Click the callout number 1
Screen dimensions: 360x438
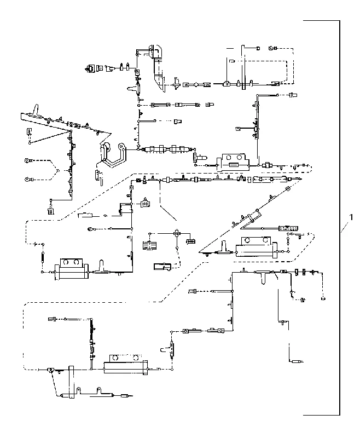click(351, 217)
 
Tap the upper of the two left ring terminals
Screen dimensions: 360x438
click(27, 160)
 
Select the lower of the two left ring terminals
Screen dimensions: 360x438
click(27, 180)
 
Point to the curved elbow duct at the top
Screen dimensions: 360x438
click(157, 67)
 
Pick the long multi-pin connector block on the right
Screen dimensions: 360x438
click(289, 228)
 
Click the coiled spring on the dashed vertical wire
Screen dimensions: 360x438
click(43, 256)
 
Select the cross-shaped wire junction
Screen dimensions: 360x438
click(176, 233)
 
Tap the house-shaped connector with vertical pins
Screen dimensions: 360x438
click(145, 203)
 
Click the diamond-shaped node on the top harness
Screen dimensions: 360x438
click(196, 84)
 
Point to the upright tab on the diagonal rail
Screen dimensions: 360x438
click(36, 109)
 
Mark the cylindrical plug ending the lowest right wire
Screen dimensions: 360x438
click(296, 362)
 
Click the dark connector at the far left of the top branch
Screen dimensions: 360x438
click(91, 68)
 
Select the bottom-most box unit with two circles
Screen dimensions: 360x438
click(126, 364)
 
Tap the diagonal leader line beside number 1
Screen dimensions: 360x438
click(345, 227)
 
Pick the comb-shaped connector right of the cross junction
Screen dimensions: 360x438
click(191, 240)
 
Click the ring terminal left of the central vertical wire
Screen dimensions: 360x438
click(91, 229)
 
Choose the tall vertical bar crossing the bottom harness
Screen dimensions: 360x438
click(72, 382)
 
